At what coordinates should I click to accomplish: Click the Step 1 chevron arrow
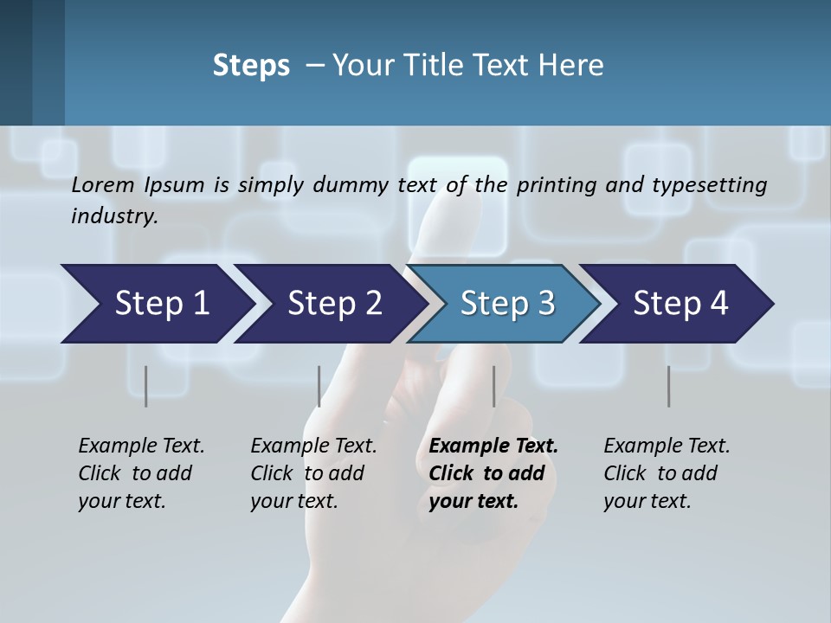[x=156, y=304]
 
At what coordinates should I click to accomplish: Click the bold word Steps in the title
[x=251, y=65]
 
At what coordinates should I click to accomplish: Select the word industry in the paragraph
[x=114, y=216]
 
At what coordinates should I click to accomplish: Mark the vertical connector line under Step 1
[x=145, y=386]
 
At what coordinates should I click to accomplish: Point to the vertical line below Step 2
[x=319, y=386]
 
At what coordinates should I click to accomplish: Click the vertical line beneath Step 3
[x=493, y=386]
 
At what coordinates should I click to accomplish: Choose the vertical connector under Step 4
[x=668, y=386]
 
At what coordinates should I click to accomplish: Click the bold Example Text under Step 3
[x=493, y=446]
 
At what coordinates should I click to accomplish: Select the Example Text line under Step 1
[x=141, y=446]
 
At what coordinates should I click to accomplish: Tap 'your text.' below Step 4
[x=647, y=501]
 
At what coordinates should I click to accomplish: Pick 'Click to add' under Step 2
[x=307, y=473]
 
